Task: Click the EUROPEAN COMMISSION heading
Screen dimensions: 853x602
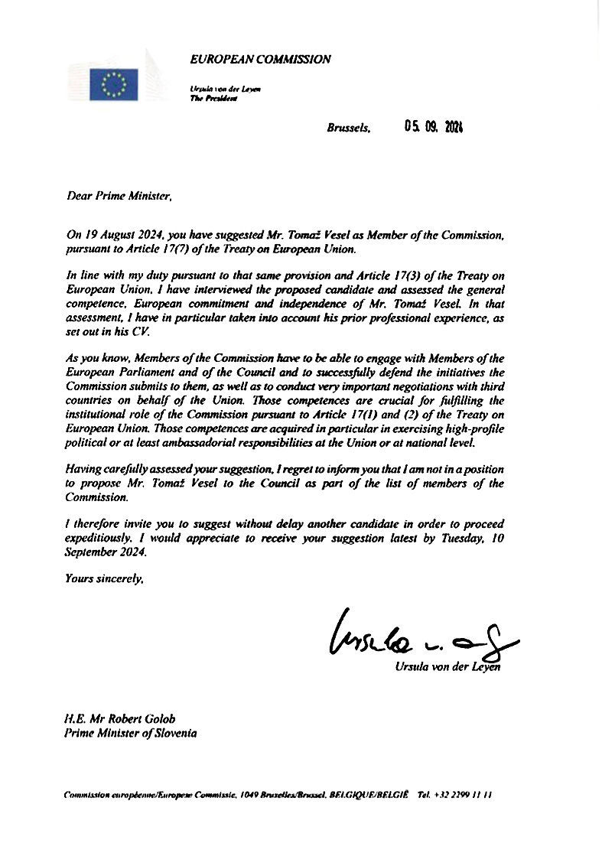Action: point(261,59)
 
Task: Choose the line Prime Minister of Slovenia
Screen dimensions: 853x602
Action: point(130,733)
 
